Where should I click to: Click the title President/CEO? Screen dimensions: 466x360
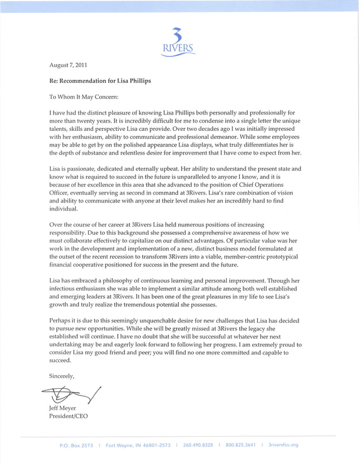pos(69,417)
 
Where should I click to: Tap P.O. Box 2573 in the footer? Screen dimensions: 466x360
pos(76,445)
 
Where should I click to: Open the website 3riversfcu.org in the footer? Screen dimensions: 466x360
pos(283,445)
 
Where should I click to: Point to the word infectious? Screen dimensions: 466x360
pos(65,287)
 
